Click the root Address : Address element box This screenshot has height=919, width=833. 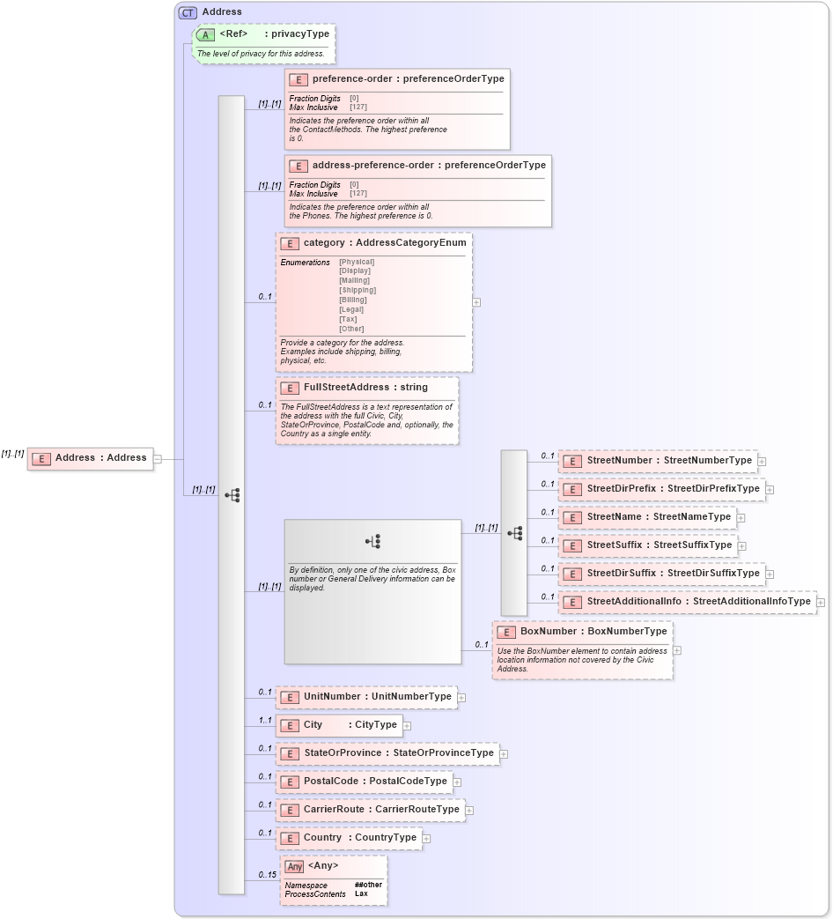point(90,458)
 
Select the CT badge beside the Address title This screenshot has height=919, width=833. point(188,12)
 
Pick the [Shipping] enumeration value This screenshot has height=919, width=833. point(358,290)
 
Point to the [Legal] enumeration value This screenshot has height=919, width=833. point(351,309)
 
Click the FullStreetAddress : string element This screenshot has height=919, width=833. point(365,388)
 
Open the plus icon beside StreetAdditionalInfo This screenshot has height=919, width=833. point(821,603)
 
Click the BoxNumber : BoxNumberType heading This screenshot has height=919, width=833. point(593,632)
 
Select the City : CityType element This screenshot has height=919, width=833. point(339,725)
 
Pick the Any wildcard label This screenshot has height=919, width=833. point(322,866)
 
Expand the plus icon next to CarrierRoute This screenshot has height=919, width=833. point(469,811)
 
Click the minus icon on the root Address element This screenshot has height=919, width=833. point(158,458)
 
